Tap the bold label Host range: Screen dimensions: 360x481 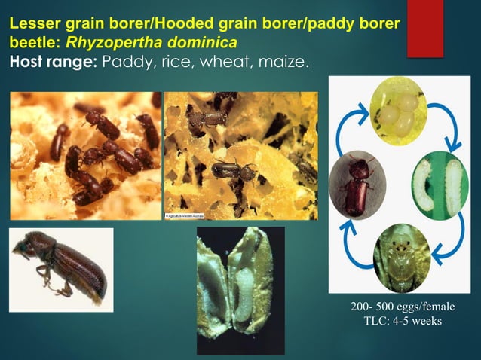pyautogui.click(x=53, y=60)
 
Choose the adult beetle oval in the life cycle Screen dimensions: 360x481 pyautogui.click(x=357, y=182)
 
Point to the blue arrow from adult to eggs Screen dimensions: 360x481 pyautogui.click(x=351, y=130)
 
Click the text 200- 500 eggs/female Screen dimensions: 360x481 pyautogui.click(x=402, y=309)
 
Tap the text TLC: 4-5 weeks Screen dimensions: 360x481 pyautogui.click(x=402, y=322)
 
